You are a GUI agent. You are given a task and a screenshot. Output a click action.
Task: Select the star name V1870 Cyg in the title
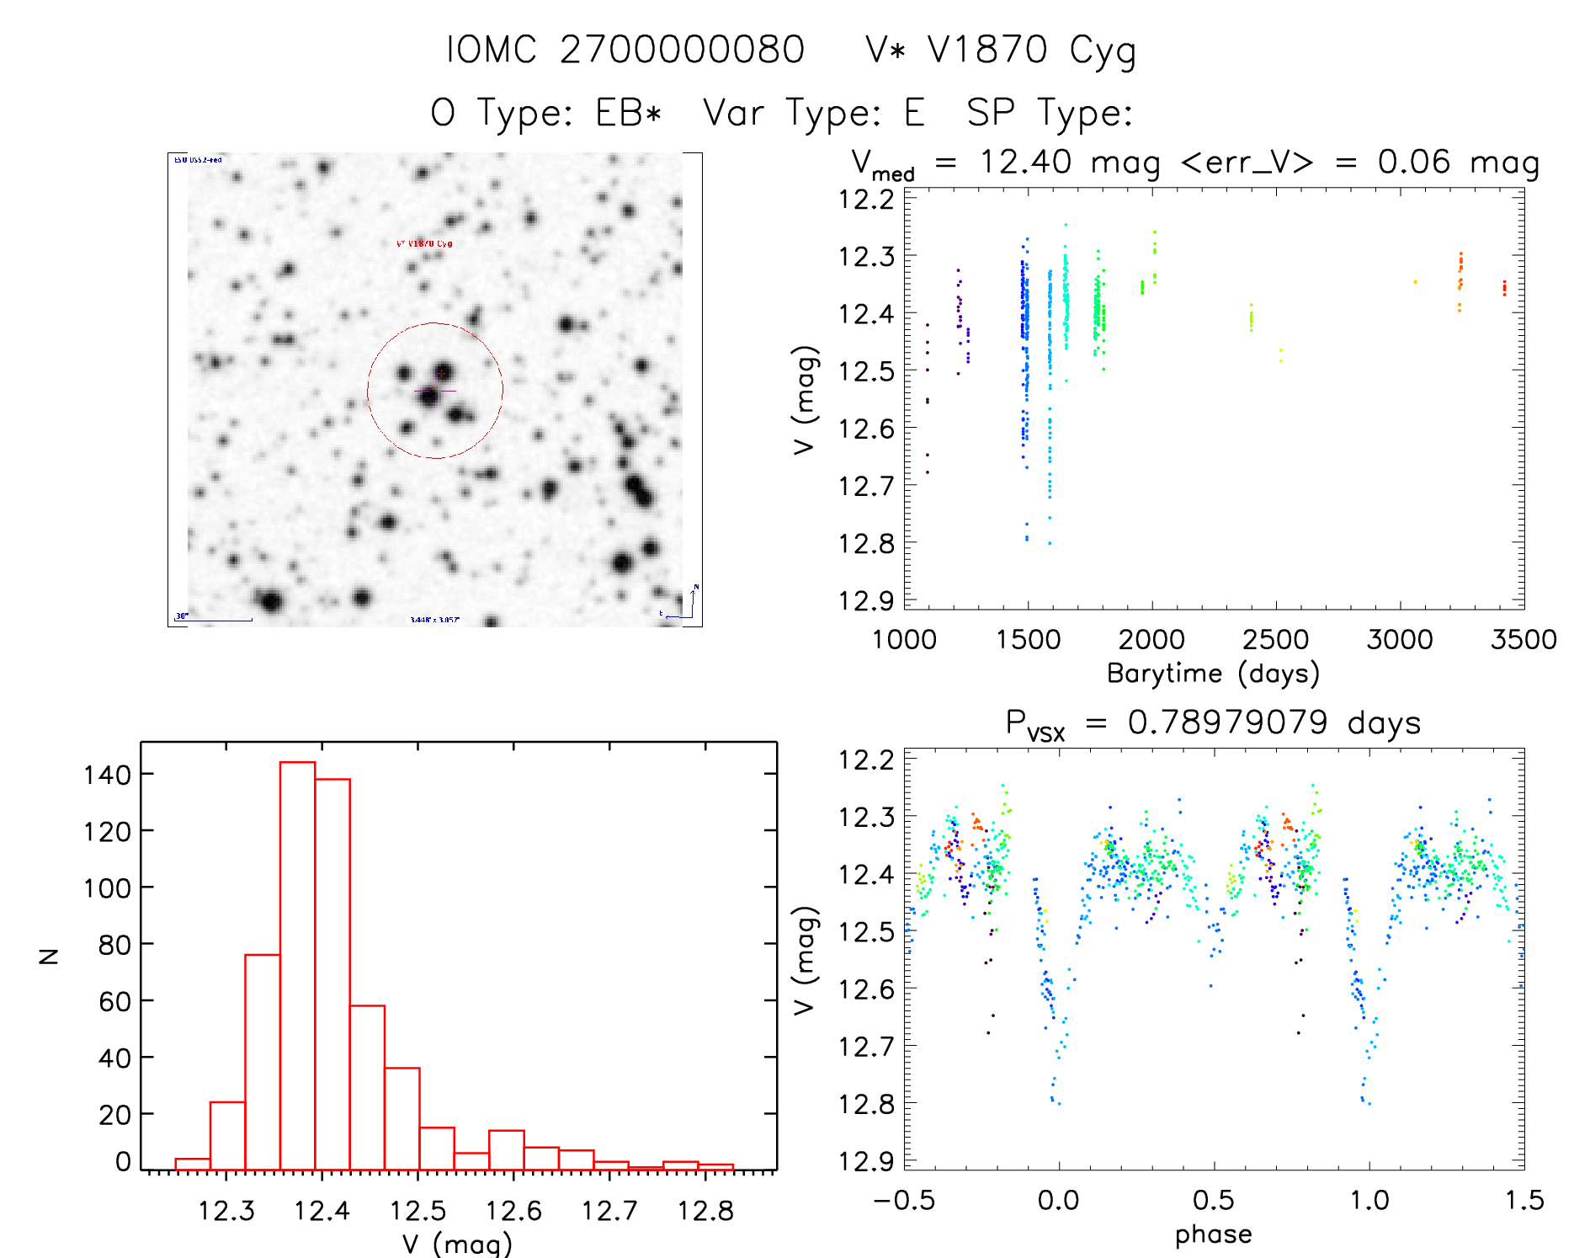pyautogui.click(x=1002, y=50)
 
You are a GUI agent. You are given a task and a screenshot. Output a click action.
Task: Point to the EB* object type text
pyautogui.click(x=629, y=113)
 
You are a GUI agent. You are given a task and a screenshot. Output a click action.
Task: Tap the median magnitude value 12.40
pyautogui.click(x=1025, y=162)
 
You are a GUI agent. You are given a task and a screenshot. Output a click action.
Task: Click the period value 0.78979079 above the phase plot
pyautogui.click(x=1227, y=722)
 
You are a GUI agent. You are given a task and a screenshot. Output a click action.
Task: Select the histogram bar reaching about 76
pyautogui.click(x=262, y=1061)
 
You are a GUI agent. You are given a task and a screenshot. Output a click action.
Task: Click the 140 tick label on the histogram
pyautogui.click(x=107, y=774)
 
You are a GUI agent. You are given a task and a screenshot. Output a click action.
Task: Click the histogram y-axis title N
pyautogui.click(x=50, y=955)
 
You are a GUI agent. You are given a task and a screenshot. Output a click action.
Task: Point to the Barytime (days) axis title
pyautogui.click(x=1213, y=674)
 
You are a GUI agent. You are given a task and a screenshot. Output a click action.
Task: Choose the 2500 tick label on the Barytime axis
pyautogui.click(x=1275, y=639)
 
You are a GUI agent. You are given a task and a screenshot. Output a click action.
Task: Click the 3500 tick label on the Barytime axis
pyautogui.click(x=1523, y=639)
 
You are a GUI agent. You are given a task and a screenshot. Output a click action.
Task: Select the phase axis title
pyautogui.click(x=1213, y=1234)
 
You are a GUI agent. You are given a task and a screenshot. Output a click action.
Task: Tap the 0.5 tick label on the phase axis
pyautogui.click(x=1213, y=1200)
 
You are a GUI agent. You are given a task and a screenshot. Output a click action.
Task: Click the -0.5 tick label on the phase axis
pyautogui.click(x=903, y=1200)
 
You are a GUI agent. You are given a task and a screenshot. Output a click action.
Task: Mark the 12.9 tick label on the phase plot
pyautogui.click(x=865, y=1160)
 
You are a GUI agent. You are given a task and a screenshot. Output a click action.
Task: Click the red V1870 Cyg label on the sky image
pyautogui.click(x=424, y=243)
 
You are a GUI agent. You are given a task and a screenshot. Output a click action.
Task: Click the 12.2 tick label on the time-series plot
pyautogui.click(x=865, y=199)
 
